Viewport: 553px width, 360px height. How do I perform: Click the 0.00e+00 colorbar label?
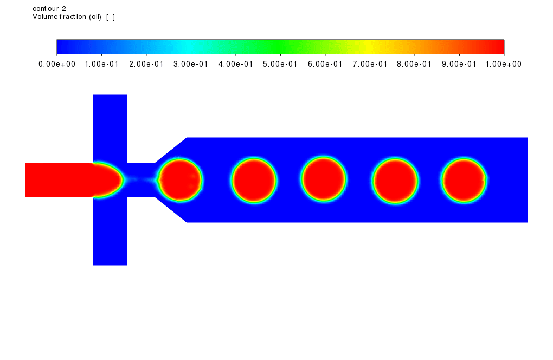tap(57, 64)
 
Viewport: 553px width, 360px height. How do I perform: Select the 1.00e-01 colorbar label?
tap(101, 64)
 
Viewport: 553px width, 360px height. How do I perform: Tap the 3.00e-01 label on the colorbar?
tap(191, 64)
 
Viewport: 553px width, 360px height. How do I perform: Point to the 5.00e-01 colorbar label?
tap(280, 64)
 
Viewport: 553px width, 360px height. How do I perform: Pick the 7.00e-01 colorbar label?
tap(370, 64)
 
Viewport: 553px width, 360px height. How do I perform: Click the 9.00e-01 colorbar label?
tap(459, 64)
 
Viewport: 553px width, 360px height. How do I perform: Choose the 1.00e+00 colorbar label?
tap(504, 64)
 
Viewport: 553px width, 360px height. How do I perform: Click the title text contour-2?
tap(49, 9)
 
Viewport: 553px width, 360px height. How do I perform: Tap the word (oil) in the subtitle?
tap(95, 17)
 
